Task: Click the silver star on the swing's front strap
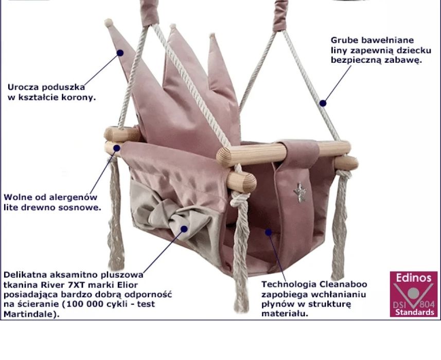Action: coord(300,192)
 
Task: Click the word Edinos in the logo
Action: coord(413,278)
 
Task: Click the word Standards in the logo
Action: coord(415,312)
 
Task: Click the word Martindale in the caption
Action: coord(29,314)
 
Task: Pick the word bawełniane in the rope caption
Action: coord(387,40)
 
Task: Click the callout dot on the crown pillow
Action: coord(120,53)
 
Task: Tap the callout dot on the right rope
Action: coord(323,103)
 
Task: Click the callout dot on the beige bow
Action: coord(184,229)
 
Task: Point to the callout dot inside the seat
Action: coord(269,232)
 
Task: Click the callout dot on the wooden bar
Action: coord(117,148)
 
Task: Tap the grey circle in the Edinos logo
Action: coord(413,293)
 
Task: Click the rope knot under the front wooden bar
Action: coord(240,199)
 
